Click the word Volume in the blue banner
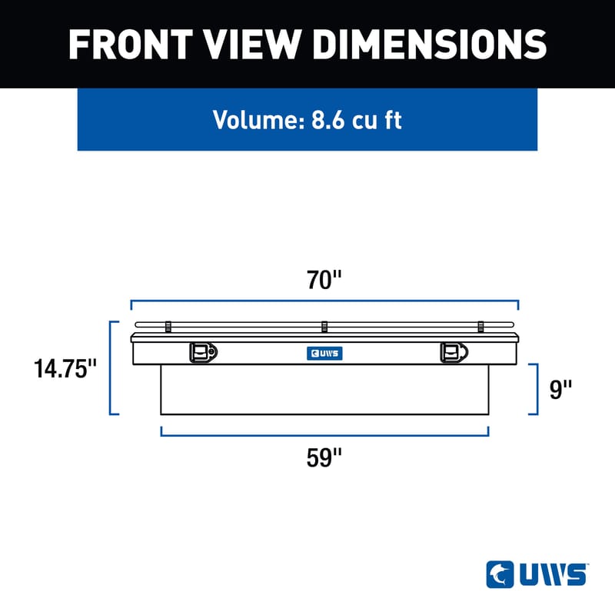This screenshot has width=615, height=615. (258, 121)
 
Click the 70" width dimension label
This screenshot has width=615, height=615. (324, 280)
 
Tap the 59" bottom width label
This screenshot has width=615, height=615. (324, 458)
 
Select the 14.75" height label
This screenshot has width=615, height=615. (65, 369)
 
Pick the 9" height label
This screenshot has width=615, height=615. (561, 390)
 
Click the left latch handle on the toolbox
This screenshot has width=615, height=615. (202, 352)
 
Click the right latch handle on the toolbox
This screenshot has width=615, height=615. (453, 352)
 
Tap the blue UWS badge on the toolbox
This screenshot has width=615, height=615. (324, 354)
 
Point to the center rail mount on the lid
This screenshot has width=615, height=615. (324, 327)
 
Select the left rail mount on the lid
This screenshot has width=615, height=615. (168, 327)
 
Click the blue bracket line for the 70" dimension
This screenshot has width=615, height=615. (324, 301)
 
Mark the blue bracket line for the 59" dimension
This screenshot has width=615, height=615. (324, 435)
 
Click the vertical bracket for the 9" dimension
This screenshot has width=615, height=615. (537, 390)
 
